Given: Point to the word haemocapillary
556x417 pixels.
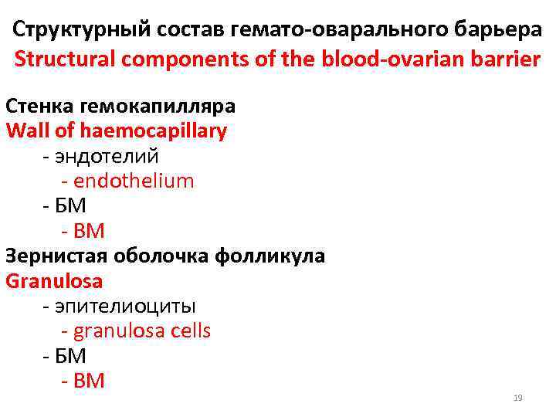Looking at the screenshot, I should pos(151,131).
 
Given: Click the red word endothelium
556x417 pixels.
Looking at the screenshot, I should pos(134,181).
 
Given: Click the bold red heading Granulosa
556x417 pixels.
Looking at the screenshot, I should pos(54,280).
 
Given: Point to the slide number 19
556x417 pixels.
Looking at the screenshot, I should pos(518,398).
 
